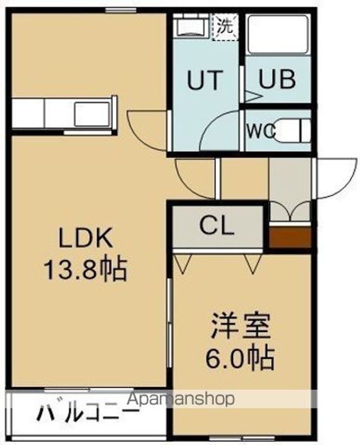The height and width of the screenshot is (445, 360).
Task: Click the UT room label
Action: click(x=205, y=80)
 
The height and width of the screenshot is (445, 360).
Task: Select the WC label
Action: click(x=262, y=131)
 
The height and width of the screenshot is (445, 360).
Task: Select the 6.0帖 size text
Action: click(x=240, y=358)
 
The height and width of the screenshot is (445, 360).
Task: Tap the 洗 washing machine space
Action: click(x=225, y=27)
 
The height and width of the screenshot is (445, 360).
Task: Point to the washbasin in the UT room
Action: click(x=191, y=27)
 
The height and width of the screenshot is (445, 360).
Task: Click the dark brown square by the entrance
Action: click(x=290, y=237)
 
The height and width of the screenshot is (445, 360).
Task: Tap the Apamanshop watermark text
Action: click(x=181, y=399)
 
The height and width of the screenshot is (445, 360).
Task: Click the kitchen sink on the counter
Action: click(x=92, y=114)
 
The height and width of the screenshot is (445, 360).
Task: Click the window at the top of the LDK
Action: click(x=121, y=11)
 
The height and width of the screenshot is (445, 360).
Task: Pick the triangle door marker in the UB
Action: click(x=252, y=96)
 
